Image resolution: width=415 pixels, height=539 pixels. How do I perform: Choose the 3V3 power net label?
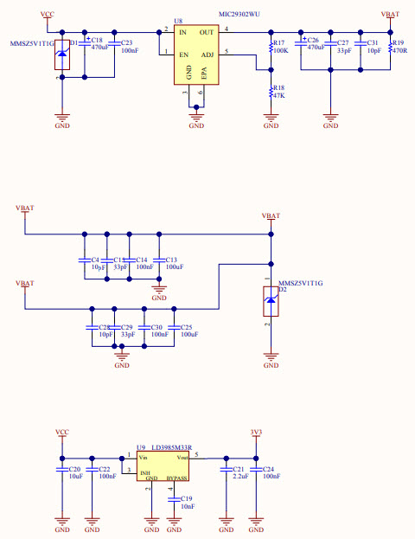coord(255,432)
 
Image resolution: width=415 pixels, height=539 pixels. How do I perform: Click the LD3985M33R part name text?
coord(173,448)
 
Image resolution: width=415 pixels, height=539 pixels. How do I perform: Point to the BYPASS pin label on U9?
coord(176,478)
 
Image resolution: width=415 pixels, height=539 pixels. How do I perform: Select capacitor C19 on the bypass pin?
coord(176,500)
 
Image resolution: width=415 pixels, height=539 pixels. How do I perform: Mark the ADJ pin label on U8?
coord(207,54)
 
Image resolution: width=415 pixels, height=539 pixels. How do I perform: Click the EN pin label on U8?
coord(182,54)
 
